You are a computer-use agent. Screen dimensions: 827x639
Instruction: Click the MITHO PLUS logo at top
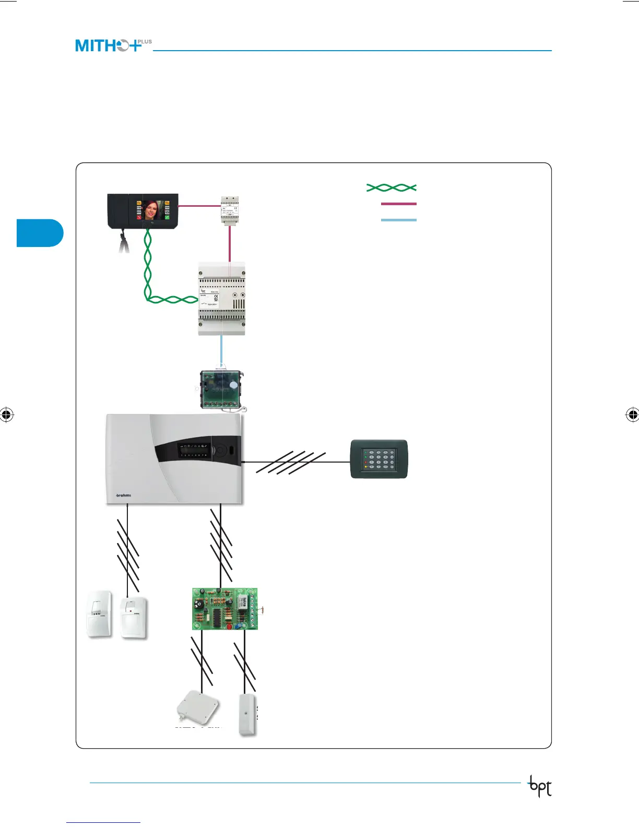[x=113, y=45]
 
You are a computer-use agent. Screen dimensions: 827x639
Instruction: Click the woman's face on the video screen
[x=152, y=210]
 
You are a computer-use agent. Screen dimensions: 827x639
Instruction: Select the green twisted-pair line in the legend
[x=392, y=187]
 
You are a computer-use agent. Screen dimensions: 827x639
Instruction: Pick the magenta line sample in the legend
[x=399, y=204]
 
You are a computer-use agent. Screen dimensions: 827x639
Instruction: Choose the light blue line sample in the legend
[x=399, y=220]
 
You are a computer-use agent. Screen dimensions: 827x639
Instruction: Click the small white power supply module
[x=230, y=210]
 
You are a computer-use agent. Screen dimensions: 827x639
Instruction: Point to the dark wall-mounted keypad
[x=378, y=459]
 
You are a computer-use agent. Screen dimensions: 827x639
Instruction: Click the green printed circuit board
[x=224, y=609]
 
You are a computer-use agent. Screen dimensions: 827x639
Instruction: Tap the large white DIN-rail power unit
[x=221, y=299]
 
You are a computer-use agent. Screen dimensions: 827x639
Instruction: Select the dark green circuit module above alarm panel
[x=221, y=389]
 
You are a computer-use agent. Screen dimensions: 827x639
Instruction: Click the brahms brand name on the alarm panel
[x=123, y=495]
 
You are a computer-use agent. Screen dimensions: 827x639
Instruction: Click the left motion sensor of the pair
[x=99, y=614]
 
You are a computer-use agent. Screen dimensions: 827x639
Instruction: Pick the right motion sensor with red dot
[x=134, y=617]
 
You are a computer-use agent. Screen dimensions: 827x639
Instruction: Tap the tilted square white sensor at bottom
[x=197, y=708]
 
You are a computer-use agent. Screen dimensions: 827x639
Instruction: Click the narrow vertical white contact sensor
[x=247, y=714]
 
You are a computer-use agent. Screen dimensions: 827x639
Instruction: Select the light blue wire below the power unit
[x=221, y=351]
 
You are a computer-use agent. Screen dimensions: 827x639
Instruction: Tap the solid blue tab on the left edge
[x=40, y=233]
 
